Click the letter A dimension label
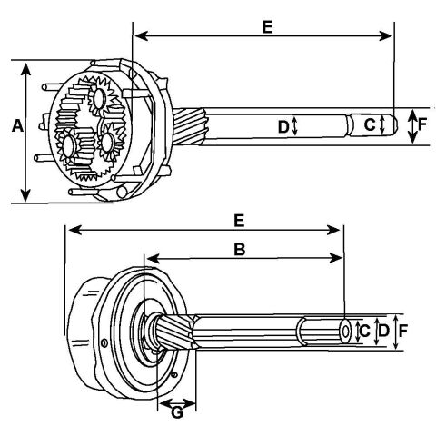click(x=17, y=126)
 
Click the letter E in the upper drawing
click(x=267, y=26)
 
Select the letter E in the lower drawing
click(x=239, y=221)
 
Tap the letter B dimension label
click(x=240, y=250)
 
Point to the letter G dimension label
click(x=177, y=412)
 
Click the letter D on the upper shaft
click(x=283, y=127)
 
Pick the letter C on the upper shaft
click(x=370, y=124)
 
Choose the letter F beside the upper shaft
click(x=422, y=124)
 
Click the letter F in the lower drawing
click(x=403, y=331)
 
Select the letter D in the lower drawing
click(x=383, y=331)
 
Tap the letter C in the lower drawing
click(x=364, y=331)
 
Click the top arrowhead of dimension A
click(x=26, y=68)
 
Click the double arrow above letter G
click(x=177, y=403)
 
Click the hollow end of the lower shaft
click(x=345, y=331)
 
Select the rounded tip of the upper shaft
click(x=395, y=125)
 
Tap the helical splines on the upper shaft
click(x=190, y=126)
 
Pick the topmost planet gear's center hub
click(x=99, y=98)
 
